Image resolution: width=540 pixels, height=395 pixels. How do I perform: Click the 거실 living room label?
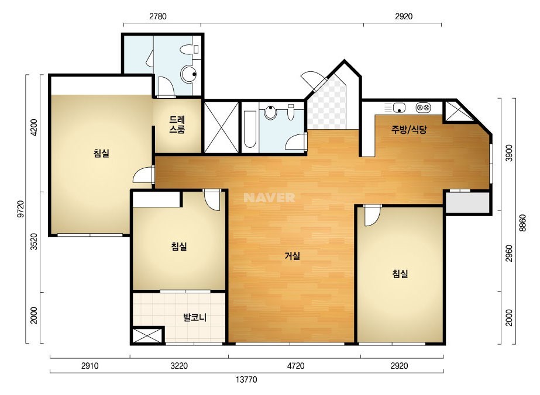pyautogui.click(x=293, y=256)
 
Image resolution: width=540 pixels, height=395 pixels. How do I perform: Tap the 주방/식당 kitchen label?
pyautogui.click(x=409, y=129)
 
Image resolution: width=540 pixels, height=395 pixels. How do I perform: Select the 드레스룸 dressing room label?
pyautogui.click(x=177, y=124)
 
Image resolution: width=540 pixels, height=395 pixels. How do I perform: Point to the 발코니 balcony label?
pyautogui.click(x=195, y=317)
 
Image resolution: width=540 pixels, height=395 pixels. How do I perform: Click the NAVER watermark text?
pyautogui.click(x=269, y=197)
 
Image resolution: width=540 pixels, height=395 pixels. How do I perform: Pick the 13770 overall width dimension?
pyautogui.click(x=246, y=380)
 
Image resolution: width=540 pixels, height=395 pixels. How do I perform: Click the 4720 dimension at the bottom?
pyautogui.click(x=295, y=366)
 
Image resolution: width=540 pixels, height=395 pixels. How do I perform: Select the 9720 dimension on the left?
pyautogui.click(x=21, y=209)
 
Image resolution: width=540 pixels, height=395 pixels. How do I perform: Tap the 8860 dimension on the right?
pyautogui.click(x=523, y=223)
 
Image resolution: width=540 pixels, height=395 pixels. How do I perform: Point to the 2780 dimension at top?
pyautogui.click(x=158, y=16)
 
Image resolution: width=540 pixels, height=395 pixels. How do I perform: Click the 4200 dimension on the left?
pyautogui.click(x=34, y=127)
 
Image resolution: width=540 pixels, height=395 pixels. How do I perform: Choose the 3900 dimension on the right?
pyautogui.click(x=508, y=153)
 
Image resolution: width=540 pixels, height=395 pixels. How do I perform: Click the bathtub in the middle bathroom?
pyautogui.click(x=250, y=129)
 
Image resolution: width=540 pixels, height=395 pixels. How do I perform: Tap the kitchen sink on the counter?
pyautogui.click(x=399, y=108)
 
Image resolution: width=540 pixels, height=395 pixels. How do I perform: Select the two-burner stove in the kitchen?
pyautogui.click(x=423, y=108)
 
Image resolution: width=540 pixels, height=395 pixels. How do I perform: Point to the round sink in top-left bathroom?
pyautogui.click(x=189, y=74)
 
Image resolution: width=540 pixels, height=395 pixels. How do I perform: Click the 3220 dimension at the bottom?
pyautogui.click(x=179, y=366)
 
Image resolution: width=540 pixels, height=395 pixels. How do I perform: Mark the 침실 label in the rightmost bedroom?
pyautogui.click(x=400, y=274)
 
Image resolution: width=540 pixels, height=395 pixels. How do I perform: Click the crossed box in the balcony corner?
pyautogui.click(x=147, y=336)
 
